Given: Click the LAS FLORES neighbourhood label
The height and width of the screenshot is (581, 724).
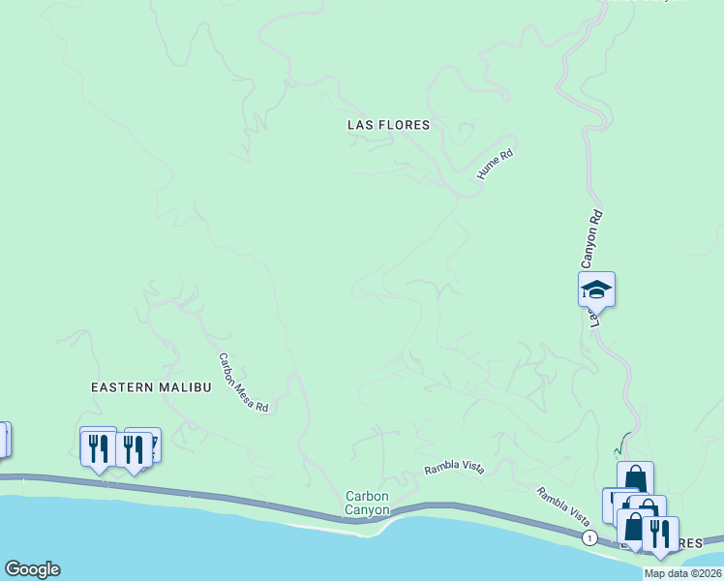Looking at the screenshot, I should pos(387,125).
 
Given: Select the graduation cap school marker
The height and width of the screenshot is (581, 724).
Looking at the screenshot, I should pos(596,290).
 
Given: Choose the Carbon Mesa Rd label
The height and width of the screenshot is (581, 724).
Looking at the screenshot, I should pos(242,382).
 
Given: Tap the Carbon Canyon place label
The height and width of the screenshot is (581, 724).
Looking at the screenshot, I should pos(368,503).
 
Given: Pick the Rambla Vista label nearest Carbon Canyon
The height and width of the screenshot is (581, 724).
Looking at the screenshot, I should pos(453,470).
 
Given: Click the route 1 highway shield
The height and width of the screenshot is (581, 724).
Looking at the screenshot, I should pos(588,537).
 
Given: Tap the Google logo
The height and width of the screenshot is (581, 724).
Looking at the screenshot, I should pos(32,569).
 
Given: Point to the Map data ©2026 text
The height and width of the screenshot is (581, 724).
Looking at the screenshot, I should pos(682,573).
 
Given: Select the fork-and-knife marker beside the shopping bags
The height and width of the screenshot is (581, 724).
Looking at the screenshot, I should pos(660,534).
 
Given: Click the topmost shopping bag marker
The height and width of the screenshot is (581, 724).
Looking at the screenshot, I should pos(635,478).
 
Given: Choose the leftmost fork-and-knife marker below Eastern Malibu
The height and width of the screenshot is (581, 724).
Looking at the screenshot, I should pos(98,445).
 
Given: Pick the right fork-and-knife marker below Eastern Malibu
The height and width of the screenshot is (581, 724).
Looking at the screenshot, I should pos(134,448).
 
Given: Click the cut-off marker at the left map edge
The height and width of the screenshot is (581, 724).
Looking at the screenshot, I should pos(3,439).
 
